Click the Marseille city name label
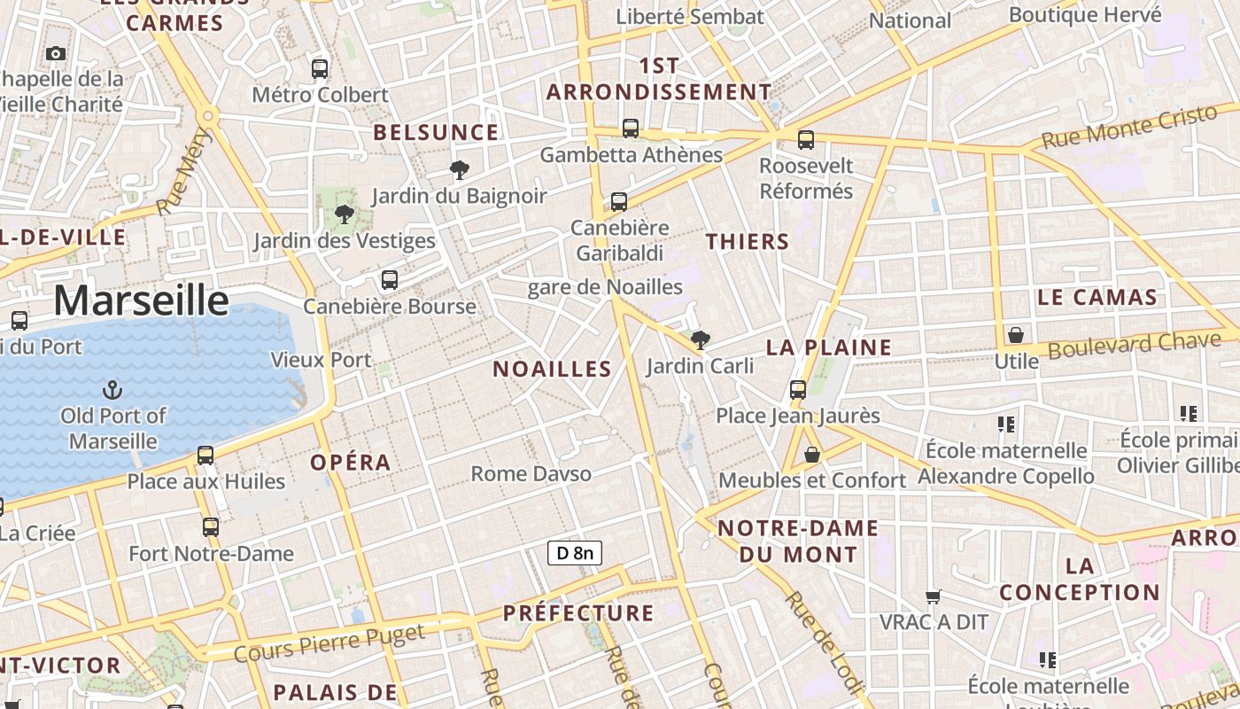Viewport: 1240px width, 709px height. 142,300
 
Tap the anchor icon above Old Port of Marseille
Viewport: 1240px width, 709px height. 112,389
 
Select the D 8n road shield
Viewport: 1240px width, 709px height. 575,554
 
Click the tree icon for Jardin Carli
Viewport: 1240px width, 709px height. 700,339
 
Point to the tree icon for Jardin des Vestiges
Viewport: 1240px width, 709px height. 345,214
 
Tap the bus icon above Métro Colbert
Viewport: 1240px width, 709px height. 320,68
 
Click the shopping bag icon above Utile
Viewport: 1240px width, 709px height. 1016,335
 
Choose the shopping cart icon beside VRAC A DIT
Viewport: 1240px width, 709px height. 933,596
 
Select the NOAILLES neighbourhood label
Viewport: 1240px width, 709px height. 552,369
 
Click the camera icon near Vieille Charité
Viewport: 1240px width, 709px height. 56,54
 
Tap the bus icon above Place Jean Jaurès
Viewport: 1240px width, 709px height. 798,389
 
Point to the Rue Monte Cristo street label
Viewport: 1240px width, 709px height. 1129,127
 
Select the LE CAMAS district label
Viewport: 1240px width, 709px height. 1097,297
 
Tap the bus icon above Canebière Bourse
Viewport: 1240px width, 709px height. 389,280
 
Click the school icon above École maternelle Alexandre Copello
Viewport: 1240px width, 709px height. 1005,425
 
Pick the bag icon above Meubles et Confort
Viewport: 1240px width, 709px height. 811,455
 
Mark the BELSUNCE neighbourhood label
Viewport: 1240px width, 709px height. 436,133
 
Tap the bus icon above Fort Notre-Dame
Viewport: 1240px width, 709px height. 211,527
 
